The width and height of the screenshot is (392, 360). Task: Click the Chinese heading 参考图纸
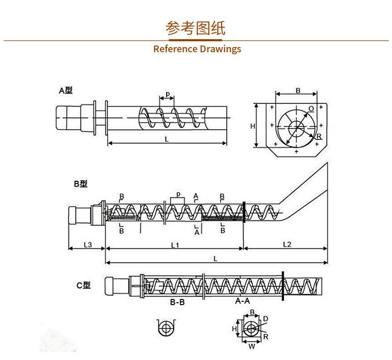(196, 28)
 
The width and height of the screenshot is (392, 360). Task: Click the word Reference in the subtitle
(174, 49)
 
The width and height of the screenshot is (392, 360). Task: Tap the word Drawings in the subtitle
(220, 49)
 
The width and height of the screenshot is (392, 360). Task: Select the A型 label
(65, 90)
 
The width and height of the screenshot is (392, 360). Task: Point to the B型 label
(80, 183)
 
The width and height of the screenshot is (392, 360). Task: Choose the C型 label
(84, 285)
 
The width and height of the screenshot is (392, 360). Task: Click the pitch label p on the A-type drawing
(168, 95)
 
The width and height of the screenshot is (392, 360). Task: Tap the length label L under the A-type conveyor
(166, 140)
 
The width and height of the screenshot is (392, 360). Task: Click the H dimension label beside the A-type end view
(252, 126)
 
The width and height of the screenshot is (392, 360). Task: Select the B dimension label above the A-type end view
(297, 90)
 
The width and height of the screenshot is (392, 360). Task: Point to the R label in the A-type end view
(319, 137)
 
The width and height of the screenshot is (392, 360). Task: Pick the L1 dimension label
(175, 244)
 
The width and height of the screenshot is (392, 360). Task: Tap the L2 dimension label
(287, 244)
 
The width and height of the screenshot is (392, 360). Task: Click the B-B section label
(177, 302)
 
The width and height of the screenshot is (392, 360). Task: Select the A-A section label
(242, 301)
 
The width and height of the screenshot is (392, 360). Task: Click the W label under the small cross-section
(251, 345)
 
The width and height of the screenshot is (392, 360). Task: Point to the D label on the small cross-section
(266, 318)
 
